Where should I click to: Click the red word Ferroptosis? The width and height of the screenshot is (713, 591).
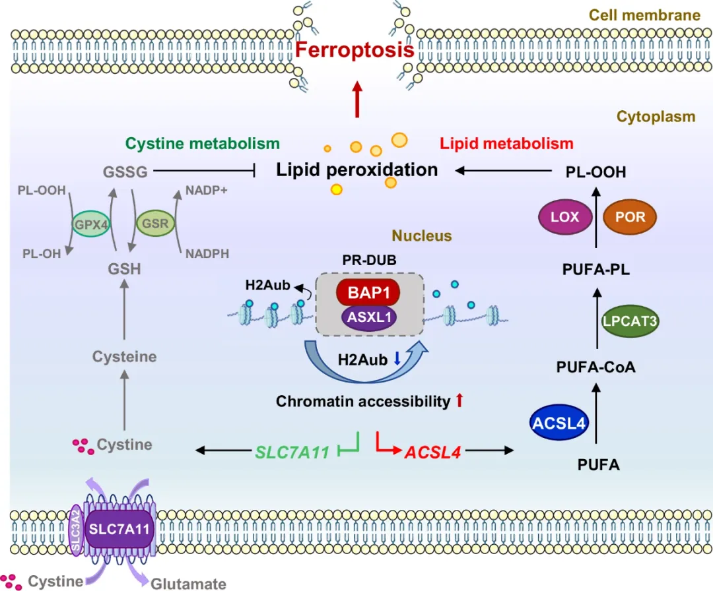[355, 50]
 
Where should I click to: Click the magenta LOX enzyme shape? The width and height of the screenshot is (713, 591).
[564, 216]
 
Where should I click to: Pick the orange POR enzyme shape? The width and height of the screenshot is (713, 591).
[630, 216]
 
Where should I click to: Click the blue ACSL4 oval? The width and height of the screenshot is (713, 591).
[559, 423]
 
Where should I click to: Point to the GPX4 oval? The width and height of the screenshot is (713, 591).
[92, 224]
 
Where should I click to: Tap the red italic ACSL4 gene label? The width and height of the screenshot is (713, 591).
[432, 452]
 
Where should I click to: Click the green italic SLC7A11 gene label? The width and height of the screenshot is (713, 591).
[291, 452]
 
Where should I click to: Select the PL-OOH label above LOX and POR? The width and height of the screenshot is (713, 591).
[595, 172]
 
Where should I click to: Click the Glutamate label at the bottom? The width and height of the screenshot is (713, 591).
[188, 583]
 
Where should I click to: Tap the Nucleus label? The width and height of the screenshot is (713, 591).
[421, 235]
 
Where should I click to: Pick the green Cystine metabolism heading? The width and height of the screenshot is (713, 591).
[202, 144]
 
